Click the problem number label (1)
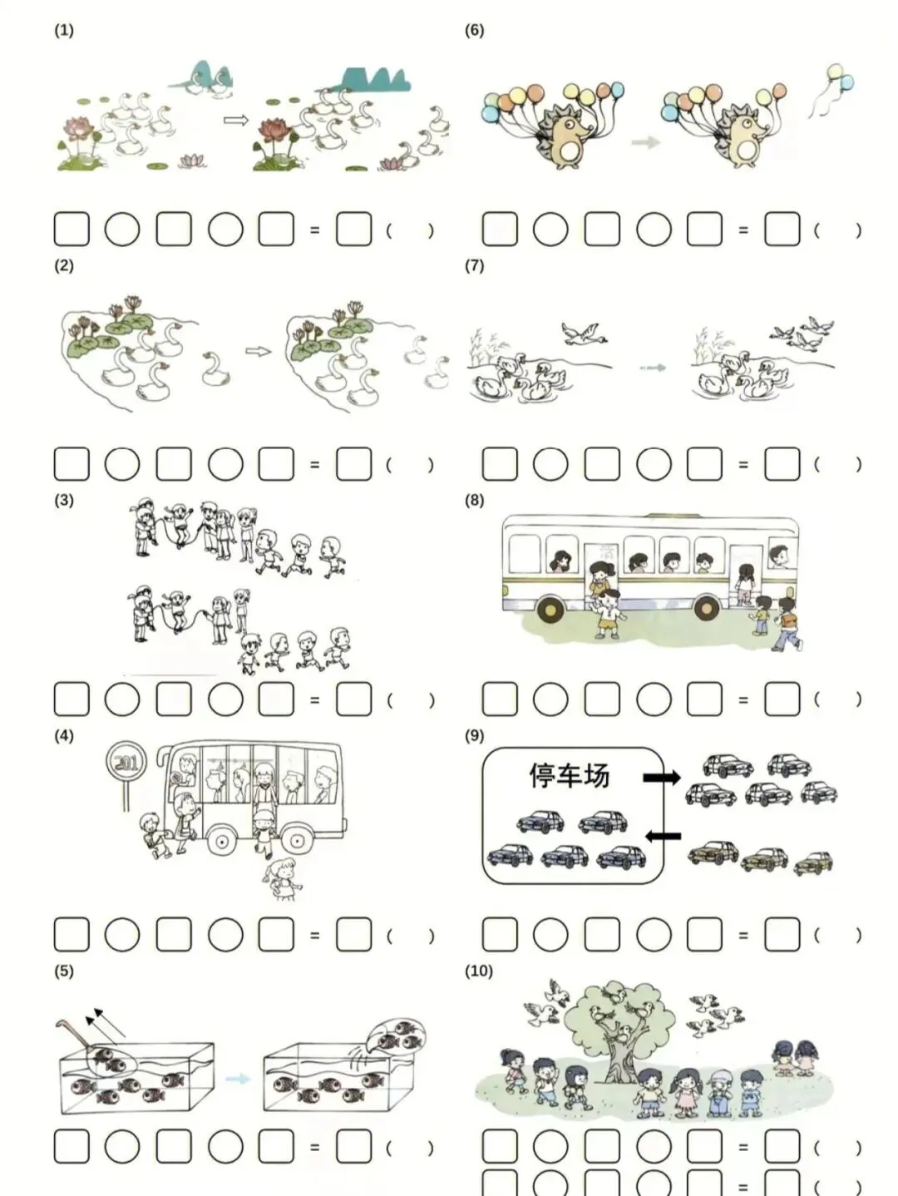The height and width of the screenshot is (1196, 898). point(64,31)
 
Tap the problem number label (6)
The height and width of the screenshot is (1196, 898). point(474,31)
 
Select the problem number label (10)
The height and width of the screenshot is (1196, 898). point(479,971)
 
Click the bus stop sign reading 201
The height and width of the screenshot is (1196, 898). point(127,763)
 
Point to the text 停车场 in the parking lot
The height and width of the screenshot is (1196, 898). point(569,775)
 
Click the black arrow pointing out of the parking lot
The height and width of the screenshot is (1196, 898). point(662,778)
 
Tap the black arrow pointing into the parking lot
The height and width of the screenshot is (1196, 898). point(663,836)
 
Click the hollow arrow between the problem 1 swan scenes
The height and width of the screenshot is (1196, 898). point(236,120)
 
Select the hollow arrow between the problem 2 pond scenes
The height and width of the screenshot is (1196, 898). point(258,352)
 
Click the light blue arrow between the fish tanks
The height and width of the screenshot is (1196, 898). point(238,1078)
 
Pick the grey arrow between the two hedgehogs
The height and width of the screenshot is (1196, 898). point(646,143)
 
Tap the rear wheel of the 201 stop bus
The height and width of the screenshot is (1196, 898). point(296,842)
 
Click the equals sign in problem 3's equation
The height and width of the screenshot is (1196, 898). point(315,700)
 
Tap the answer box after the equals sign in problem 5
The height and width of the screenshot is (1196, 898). point(354,1146)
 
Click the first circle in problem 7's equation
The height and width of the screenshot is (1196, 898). point(550,465)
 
